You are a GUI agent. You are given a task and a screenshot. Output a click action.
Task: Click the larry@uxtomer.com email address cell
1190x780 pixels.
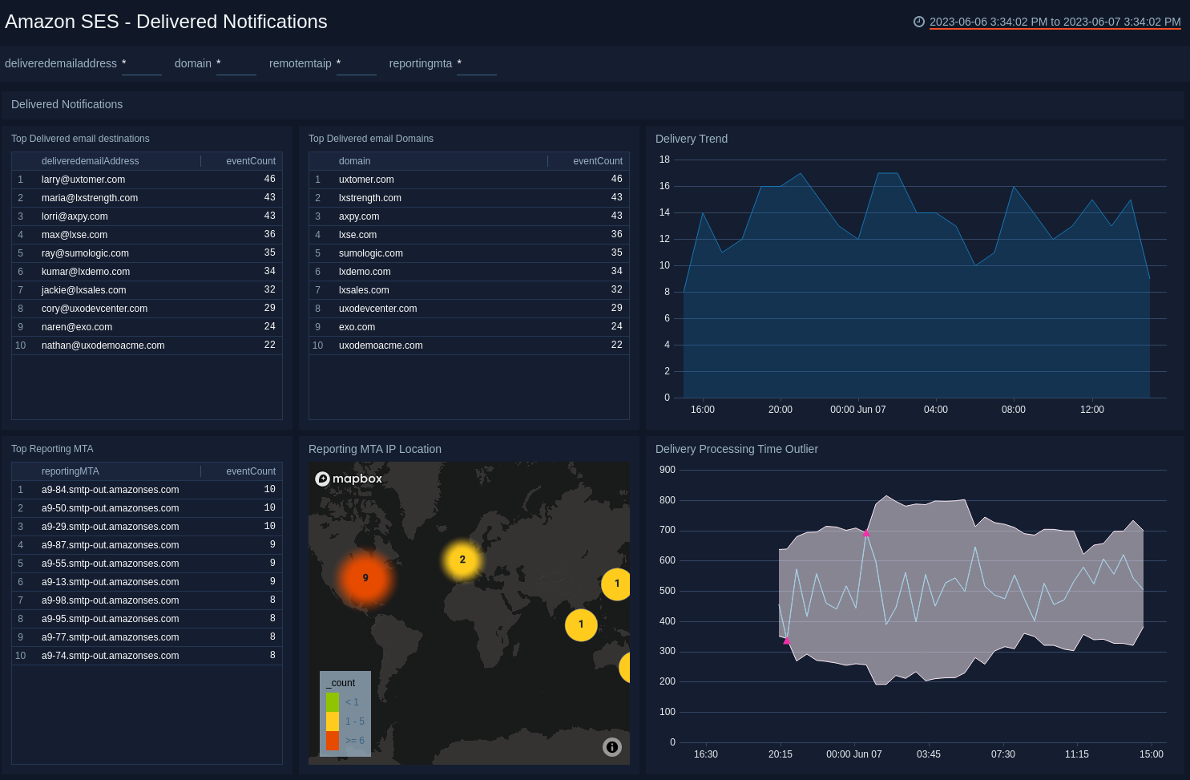pyautogui.click(x=83, y=180)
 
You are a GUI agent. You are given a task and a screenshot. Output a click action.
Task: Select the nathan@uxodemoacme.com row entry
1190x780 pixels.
pyautogui.click(x=103, y=346)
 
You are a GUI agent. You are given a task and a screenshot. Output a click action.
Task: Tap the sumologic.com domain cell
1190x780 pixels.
pyautogui.click(x=370, y=253)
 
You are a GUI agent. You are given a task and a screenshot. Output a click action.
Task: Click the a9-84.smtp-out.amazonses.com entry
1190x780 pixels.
pyautogui.click(x=110, y=490)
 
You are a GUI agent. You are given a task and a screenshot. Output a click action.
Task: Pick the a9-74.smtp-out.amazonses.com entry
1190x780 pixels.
pyautogui.click(x=110, y=656)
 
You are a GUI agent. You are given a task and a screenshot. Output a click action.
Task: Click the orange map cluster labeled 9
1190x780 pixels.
pyautogui.click(x=365, y=578)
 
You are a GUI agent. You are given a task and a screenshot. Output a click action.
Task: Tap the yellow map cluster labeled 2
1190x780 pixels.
pyautogui.click(x=462, y=560)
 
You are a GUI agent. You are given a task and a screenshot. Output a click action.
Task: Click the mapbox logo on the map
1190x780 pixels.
pyautogui.click(x=349, y=479)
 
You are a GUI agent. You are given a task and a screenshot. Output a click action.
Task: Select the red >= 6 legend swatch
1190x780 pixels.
pyautogui.click(x=333, y=741)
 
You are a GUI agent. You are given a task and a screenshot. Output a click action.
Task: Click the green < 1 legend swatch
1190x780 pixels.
pyautogui.click(x=333, y=702)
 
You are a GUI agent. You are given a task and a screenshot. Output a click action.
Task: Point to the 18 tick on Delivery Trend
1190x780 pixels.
pyautogui.click(x=664, y=160)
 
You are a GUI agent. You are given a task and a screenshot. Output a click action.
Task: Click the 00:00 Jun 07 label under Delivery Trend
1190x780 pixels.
pyautogui.click(x=857, y=410)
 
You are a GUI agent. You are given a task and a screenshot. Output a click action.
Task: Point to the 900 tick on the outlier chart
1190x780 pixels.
pyautogui.click(x=667, y=470)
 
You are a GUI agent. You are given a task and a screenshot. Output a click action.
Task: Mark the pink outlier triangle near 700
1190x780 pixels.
pyautogui.click(x=866, y=533)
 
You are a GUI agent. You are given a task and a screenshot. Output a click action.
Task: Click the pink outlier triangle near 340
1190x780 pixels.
pyautogui.click(x=787, y=641)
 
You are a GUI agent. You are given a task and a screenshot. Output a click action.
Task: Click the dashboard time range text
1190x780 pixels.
pyautogui.click(x=1055, y=22)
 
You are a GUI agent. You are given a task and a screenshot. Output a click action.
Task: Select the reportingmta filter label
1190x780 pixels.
pyautogui.click(x=420, y=63)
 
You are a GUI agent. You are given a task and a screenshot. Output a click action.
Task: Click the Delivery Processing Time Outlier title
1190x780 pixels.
pyautogui.click(x=736, y=449)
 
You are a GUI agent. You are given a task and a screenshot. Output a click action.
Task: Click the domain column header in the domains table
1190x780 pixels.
pyautogui.click(x=354, y=161)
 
